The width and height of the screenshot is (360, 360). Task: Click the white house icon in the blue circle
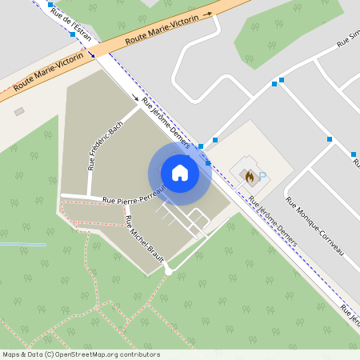coord(179,173)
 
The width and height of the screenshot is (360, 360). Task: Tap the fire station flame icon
coord(250,173)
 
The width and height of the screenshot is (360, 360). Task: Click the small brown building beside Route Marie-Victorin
coord(20,111)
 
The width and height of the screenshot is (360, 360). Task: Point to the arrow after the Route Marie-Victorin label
coord(207,14)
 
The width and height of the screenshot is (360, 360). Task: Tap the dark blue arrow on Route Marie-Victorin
coord(92,54)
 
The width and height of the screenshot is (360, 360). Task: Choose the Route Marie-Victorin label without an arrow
coord(49,72)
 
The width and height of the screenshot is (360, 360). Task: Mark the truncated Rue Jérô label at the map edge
coord(350,312)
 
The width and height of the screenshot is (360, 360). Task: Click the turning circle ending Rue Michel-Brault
coord(168,272)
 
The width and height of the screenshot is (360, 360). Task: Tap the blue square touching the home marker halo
coord(208,163)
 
